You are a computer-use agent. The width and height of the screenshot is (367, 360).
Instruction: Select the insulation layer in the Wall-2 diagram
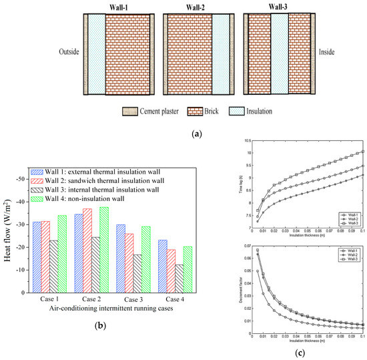tap(220, 53)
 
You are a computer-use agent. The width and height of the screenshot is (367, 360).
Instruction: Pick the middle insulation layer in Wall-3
tap(280, 53)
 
